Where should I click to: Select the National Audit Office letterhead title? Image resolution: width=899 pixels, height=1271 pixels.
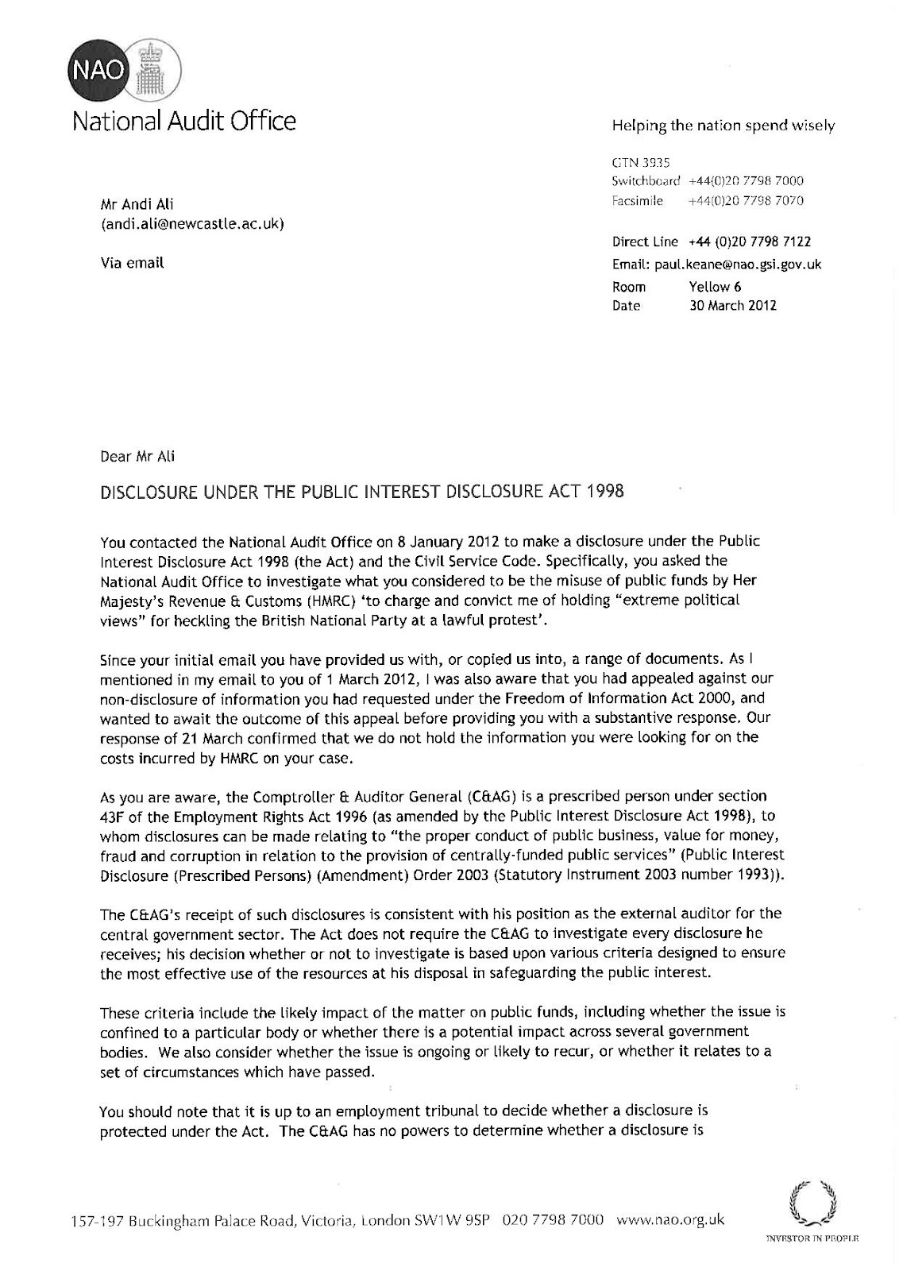coord(184,121)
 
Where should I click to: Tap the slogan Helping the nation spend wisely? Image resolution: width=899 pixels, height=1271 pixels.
coord(723,126)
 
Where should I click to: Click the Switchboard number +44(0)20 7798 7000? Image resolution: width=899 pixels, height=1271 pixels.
coord(746,181)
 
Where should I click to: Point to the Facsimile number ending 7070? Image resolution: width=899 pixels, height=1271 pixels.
coord(746,201)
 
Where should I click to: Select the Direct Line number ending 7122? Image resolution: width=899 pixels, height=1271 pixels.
coord(749,241)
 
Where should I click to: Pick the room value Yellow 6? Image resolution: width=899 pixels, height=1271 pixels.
coord(715,287)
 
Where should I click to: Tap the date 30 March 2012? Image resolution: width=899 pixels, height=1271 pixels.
coord(732,305)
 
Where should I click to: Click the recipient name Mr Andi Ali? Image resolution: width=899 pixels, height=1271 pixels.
coord(130,205)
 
